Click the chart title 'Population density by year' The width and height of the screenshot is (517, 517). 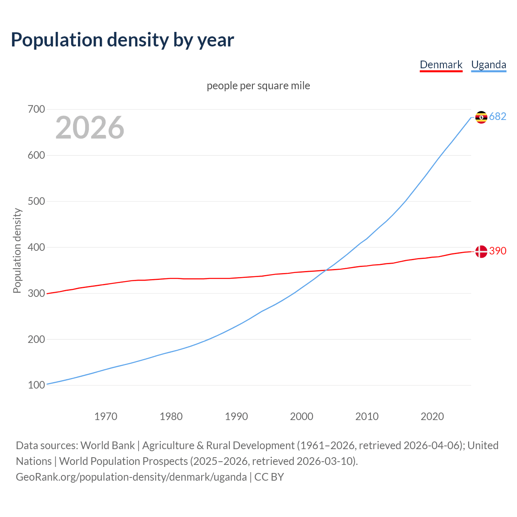[122, 40]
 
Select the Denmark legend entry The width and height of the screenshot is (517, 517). [441, 65]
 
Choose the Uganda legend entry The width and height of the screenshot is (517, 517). [489, 65]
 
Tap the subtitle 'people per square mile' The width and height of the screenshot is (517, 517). [258, 86]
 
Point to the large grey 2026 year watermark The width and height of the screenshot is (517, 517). [90, 128]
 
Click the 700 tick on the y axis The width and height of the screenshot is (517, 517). [36, 109]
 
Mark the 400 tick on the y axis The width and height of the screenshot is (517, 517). [36, 247]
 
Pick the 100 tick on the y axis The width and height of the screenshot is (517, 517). [36, 385]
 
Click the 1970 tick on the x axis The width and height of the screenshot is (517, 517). [106, 416]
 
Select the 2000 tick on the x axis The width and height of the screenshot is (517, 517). [302, 416]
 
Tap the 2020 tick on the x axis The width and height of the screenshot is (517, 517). [432, 416]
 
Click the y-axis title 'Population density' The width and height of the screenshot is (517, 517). [17, 250]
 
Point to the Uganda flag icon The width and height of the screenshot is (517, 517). [481, 117]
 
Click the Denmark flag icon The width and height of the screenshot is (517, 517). [481, 252]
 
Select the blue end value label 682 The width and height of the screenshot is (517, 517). [498, 116]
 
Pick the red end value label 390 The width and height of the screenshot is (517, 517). [498, 251]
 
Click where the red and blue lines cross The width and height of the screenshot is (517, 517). [326, 270]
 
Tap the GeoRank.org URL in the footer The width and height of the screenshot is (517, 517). [131, 477]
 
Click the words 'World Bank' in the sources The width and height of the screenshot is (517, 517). [107, 446]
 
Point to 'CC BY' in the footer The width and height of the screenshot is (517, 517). [269, 477]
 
